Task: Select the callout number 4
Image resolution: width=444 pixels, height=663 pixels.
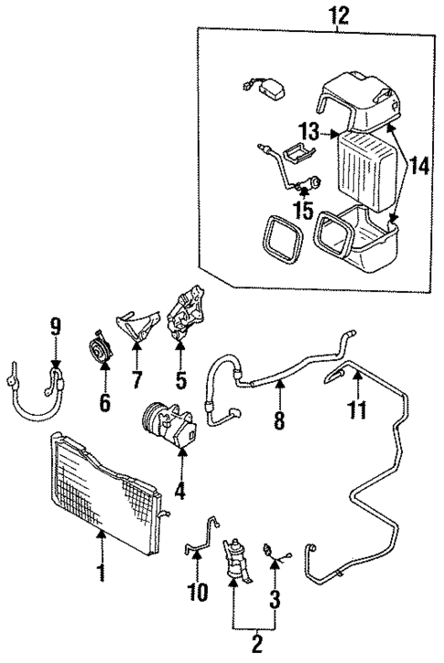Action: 179,492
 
